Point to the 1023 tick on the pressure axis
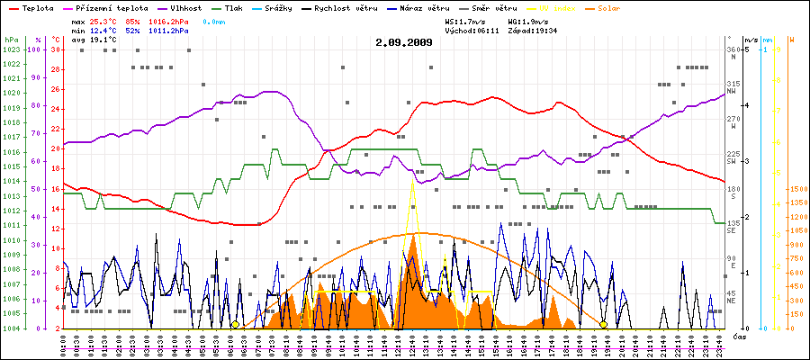[x=11, y=49]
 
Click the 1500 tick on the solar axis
[x=798, y=190]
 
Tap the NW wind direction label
[x=733, y=91]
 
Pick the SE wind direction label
[x=733, y=230]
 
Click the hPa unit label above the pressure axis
[x=10, y=40]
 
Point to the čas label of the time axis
[x=740, y=337]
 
